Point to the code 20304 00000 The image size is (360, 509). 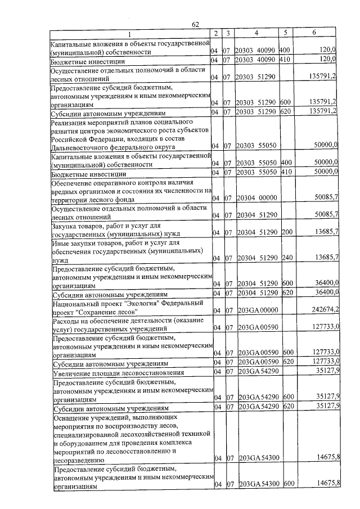tap(256, 199)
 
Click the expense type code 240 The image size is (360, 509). tap(286, 258)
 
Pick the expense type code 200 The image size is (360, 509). tap(286, 232)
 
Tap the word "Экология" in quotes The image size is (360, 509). tap(133, 303)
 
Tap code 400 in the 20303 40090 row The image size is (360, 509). tap(286, 51)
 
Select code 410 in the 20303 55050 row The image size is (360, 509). tap(286, 173)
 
